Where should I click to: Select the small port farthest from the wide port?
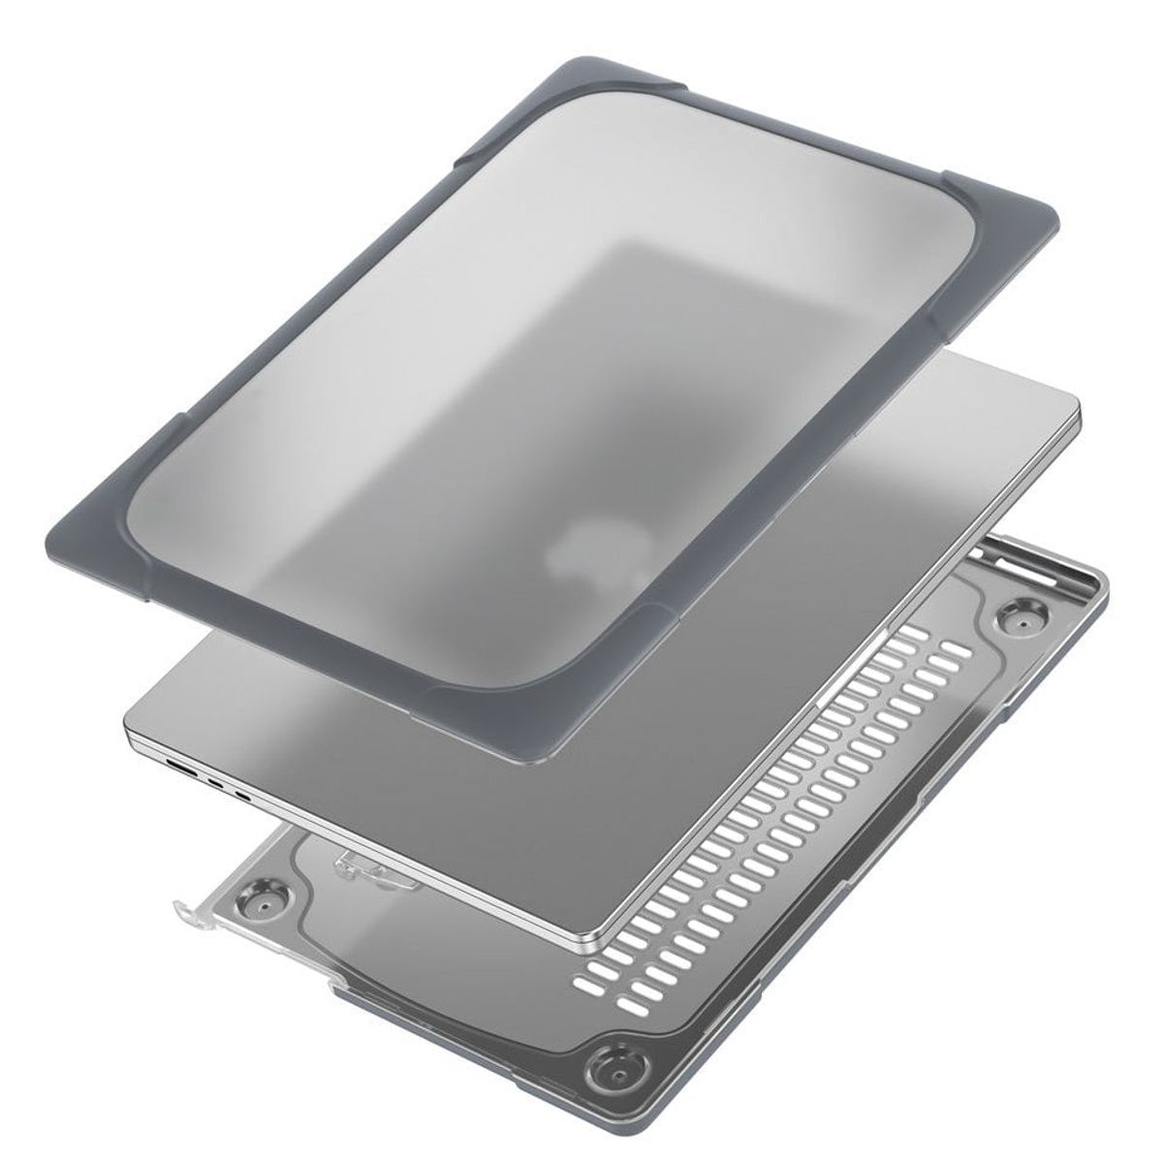click(x=242, y=797)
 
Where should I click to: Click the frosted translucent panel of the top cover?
click(x=485, y=368)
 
